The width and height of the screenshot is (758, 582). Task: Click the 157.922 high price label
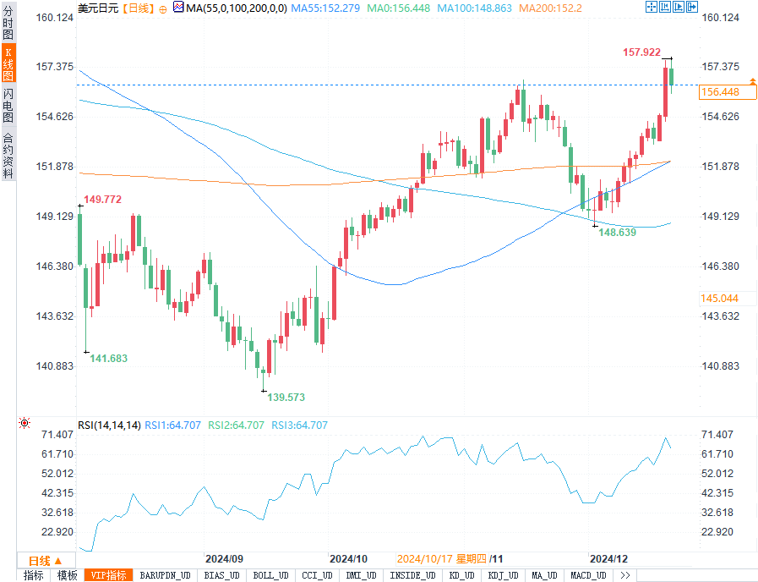point(641,52)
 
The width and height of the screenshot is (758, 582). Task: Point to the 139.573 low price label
point(286,397)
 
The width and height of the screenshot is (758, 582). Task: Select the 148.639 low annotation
point(617,232)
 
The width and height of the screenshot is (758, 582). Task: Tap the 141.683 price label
point(108,359)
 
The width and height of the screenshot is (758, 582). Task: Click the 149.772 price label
point(102,200)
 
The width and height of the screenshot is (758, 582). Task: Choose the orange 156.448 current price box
point(720,92)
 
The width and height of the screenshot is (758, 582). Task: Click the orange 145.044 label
point(719,299)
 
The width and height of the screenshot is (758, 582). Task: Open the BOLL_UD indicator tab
point(270,575)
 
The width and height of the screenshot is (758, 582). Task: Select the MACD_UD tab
point(587,575)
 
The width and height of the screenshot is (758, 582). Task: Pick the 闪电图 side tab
point(8,105)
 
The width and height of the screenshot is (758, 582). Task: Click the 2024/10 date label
point(348,559)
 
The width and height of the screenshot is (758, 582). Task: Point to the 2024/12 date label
point(608,559)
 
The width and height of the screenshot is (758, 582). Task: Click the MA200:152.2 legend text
point(550,8)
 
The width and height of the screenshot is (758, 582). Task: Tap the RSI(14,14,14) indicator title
point(109,426)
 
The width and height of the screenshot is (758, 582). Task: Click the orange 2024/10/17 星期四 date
point(441,559)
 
